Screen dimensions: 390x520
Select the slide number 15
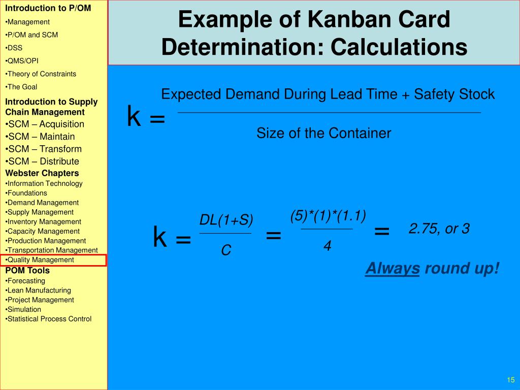coord(511,380)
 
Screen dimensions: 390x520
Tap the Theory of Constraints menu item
coord(41,74)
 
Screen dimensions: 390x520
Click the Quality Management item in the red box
coord(40,260)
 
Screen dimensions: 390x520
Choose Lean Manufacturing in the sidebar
coord(39,290)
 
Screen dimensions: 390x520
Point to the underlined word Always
coord(392,268)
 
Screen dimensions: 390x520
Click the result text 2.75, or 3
coord(439,229)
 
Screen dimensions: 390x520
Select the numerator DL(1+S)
coord(226,220)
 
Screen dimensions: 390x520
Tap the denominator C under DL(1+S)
coord(226,250)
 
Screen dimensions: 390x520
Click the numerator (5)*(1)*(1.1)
coord(328,216)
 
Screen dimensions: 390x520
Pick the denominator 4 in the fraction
coord(328,246)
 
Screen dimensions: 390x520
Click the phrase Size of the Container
coord(323,134)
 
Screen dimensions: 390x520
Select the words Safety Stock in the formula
coord(454,94)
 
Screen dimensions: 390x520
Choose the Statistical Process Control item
coord(49,319)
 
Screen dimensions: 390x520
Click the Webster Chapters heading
coord(42,173)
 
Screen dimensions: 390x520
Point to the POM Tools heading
coord(27,270)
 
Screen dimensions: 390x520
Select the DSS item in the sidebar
coord(14,48)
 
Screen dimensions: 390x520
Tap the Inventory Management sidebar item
coord(44,221)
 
